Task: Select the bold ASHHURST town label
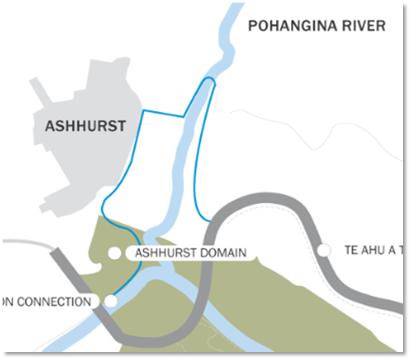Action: (x=85, y=126)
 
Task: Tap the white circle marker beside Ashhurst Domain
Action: (x=115, y=254)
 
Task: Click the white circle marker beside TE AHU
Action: (x=323, y=250)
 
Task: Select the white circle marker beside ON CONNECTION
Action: (x=111, y=301)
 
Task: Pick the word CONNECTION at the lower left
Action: (x=56, y=301)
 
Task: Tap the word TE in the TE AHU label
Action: (x=351, y=251)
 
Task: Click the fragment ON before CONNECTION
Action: (x=7, y=301)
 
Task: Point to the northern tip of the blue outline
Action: (x=209, y=79)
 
